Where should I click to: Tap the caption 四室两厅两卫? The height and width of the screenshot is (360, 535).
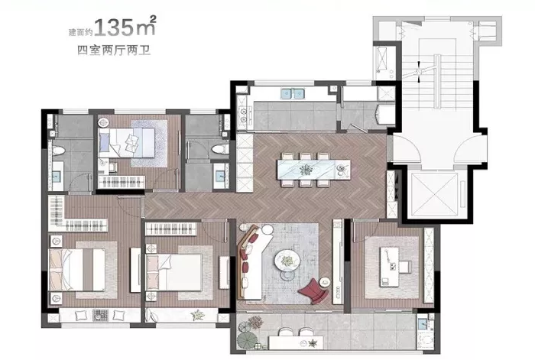click(114, 50)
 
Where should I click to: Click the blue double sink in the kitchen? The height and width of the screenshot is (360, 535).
click(293, 93)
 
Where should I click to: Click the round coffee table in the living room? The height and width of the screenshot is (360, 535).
click(287, 262)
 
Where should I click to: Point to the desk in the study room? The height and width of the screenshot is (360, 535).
click(390, 267)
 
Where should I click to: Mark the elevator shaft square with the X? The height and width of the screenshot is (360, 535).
click(434, 195)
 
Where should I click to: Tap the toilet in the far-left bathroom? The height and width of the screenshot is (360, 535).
click(58, 151)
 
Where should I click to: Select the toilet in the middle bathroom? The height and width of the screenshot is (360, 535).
click(219, 149)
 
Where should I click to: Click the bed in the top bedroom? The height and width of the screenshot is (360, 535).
click(127, 143)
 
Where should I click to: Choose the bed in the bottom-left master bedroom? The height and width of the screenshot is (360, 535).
click(77, 270)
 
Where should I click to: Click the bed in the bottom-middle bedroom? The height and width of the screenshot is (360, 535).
click(174, 272)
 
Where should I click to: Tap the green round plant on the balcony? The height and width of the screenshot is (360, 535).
click(245, 339)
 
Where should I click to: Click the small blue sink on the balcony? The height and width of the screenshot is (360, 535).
click(423, 323)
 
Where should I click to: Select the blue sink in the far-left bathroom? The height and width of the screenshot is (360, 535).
click(56, 176)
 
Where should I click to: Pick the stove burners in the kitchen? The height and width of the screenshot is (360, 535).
click(243, 115)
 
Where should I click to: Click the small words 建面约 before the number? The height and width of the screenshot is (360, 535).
click(81, 32)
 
